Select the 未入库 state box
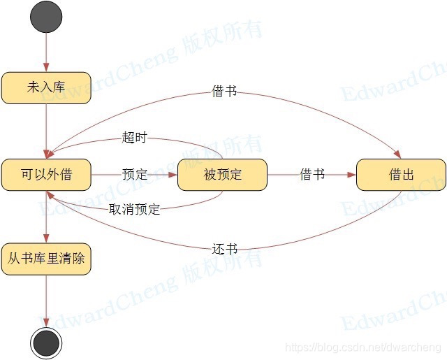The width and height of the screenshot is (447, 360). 46,87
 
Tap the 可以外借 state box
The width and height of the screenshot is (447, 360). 46,175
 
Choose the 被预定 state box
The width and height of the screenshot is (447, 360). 223,175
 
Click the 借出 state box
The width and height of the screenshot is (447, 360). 401,175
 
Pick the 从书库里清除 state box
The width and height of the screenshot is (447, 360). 46,259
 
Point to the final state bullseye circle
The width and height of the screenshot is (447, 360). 46,343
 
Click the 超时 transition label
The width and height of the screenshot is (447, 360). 134,138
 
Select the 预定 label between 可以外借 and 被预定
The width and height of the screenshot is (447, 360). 134,175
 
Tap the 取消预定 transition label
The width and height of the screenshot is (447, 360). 134,209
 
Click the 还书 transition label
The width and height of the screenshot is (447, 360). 224,249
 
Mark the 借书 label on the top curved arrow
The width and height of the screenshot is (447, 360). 224,92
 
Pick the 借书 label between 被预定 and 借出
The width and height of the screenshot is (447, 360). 312,175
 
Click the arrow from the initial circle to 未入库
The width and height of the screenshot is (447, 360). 46,52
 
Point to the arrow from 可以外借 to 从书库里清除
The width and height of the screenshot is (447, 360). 46,216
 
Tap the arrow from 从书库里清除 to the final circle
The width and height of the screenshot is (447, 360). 46,301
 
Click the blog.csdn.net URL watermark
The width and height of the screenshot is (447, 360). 363,347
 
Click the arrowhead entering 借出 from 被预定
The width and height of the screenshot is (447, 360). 351,175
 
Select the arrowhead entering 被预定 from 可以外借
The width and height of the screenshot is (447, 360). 173,175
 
